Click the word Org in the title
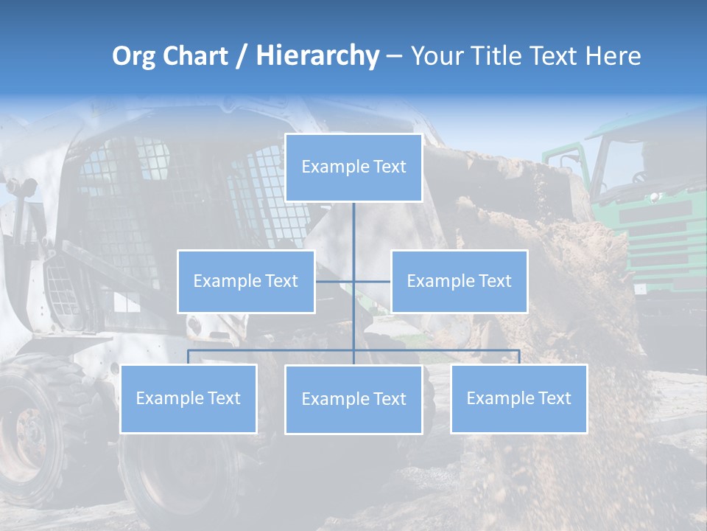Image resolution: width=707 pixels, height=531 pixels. pyautogui.click(x=134, y=57)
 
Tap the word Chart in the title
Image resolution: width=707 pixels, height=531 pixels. pyautogui.click(x=193, y=57)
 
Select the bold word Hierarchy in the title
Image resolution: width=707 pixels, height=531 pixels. pyautogui.click(x=317, y=57)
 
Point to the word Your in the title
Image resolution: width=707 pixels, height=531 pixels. pyautogui.click(x=437, y=57)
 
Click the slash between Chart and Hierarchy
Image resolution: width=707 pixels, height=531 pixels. pyautogui.click(x=242, y=57)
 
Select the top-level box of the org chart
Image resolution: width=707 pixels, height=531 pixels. pyautogui.click(x=353, y=167)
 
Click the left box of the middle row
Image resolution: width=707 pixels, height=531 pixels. pyautogui.click(x=246, y=281)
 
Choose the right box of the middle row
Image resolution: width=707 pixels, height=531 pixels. pyautogui.click(x=459, y=281)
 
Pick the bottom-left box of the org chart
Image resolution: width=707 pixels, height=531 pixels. pyautogui.click(x=189, y=398)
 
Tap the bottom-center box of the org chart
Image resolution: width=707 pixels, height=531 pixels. pyautogui.click(x=353, y=399)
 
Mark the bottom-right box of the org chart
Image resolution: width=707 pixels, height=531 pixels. pyautogui.click(x=519, y=398)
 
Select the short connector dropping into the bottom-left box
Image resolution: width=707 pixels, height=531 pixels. pyautogui.click(x=189, y=357)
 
